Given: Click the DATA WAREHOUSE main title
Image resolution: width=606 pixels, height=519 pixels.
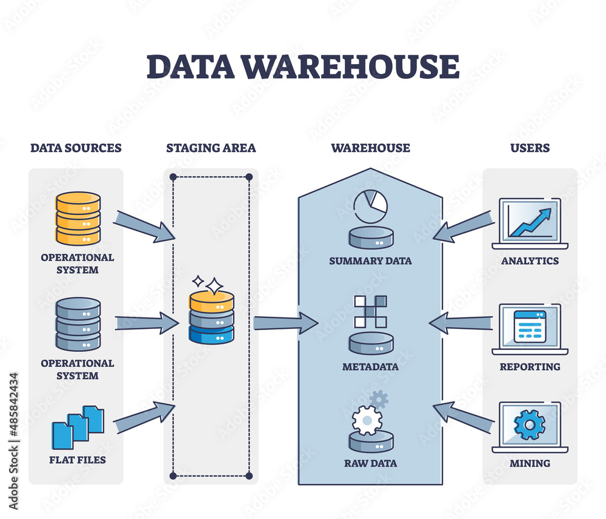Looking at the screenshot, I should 302,67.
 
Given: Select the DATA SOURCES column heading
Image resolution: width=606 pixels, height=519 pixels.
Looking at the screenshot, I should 76,148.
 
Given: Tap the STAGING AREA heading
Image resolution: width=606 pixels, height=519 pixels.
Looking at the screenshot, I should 211,148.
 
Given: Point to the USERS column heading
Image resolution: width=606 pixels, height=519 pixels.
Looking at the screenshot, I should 530,148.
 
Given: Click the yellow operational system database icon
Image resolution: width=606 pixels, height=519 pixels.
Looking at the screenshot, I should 78,218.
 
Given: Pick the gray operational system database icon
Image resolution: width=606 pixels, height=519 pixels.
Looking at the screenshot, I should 78,324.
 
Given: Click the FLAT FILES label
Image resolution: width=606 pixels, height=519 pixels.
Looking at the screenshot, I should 78,460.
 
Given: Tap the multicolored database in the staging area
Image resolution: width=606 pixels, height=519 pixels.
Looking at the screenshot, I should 211,317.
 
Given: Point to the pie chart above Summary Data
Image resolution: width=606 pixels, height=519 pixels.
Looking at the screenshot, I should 370,207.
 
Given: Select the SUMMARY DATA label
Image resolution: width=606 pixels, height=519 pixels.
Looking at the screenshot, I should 370,261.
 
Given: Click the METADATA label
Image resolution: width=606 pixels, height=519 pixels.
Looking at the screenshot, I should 370,367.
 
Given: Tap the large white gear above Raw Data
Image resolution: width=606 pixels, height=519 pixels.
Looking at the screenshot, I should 367,419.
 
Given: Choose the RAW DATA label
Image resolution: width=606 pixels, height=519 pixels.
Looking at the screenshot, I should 370,463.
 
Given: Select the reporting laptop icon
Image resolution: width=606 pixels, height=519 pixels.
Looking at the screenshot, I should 530,328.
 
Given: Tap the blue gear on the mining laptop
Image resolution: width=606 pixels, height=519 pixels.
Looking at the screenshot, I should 530,426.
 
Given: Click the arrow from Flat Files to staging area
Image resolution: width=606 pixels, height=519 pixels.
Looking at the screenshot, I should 144,418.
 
